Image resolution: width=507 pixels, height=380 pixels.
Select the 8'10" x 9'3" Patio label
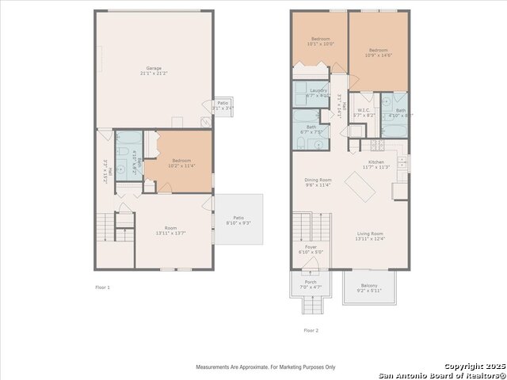pyautogui.click(x=238, y=220)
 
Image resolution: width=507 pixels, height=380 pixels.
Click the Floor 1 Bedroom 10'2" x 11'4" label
pyautogui.click(x=180, y=163)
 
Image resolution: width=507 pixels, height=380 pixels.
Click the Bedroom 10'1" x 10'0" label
pyautogui.click(x=320, y=41)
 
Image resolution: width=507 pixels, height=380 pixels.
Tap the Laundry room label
pyautogui.click(x=319, y=93)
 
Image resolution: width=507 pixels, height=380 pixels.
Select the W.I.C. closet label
pyautogui.click(x=364, y=112)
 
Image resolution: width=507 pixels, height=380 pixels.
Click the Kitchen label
pyautogui.click(x=375, y=164)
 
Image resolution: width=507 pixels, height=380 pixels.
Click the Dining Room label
pyautogui.click(x=318, y=182)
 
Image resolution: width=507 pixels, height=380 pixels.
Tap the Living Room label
pyautogui.click(x=369, y=236)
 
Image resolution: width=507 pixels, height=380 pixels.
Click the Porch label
pyautogui.click(x=311, y=283)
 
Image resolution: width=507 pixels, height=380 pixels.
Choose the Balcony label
pyautogui.click(x=369, y=288)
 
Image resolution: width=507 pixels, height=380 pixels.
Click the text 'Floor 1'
pyautogui.click(x=102, y=287)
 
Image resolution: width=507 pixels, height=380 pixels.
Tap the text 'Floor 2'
pyautogui.click(x=311, y=330)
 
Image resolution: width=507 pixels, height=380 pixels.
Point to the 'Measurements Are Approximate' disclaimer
pyautogui.click(x=265, y=367)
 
